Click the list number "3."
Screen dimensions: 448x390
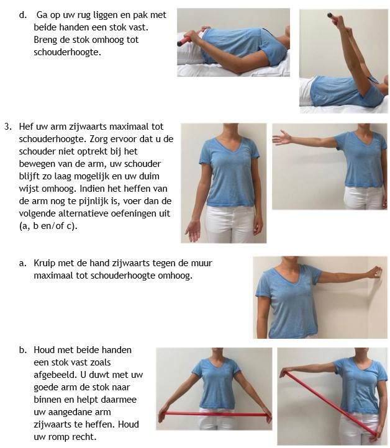(8, 127)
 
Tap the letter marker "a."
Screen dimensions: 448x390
(23, 263)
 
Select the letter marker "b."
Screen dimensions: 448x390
(23, 350)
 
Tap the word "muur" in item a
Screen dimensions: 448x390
(197, 263)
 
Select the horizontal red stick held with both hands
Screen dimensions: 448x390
(214, 413)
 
